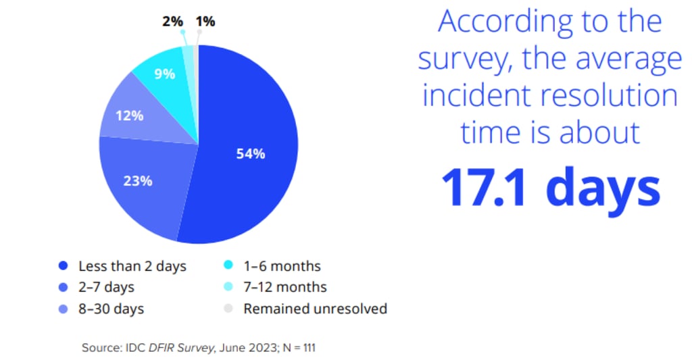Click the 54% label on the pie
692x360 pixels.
coord(250,153)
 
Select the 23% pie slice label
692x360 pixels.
coord(137,181)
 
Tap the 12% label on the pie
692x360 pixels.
coord(129,115)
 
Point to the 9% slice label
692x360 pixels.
coord(164,74)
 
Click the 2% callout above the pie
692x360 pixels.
coord(172,22)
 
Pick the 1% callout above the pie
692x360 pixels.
coord(205,22)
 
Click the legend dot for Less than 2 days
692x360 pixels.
coord(64,266)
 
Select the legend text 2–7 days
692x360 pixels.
coord(106,287)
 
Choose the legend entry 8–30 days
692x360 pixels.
coord(111,309)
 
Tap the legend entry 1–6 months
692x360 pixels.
coord(282,266)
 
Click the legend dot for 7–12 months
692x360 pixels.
coord(228,287)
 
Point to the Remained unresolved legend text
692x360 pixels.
coord(315,309)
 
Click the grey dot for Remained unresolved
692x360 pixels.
coord(228,309)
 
